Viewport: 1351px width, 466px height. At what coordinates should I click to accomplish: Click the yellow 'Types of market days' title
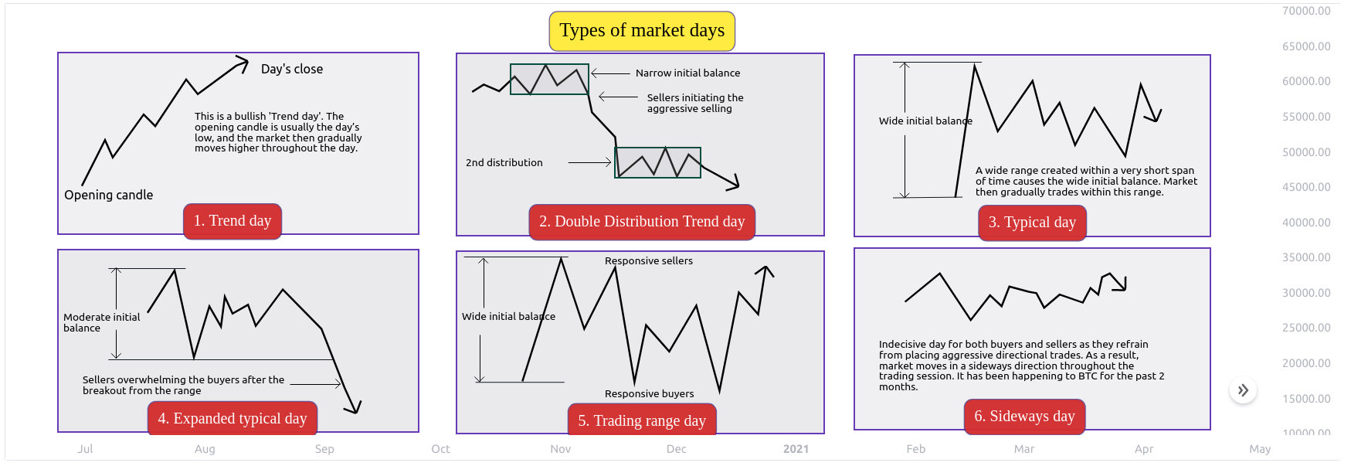[x=642, y=31]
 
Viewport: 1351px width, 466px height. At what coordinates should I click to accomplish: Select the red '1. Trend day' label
[x=233, y=221]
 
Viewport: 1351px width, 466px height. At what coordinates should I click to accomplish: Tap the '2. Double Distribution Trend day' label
[x=642, y=222]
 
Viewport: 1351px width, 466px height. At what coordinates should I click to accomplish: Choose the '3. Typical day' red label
[x=1032, y=223]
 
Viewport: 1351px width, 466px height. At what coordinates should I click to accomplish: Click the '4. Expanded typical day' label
[x=233, y=418]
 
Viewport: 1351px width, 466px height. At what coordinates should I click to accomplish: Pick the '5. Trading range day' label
[x=642, y=420]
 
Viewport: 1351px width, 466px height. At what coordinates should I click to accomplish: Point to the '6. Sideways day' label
[x=1024, y=417]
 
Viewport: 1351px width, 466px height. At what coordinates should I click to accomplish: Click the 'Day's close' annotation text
[x=292, y=69]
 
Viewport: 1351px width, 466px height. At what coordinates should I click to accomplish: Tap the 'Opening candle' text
[x=109, y=195]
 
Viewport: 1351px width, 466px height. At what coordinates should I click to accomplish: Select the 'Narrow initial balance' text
[x=687, y=73]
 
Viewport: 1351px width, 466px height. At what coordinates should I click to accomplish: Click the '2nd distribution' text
[x=504, y=162]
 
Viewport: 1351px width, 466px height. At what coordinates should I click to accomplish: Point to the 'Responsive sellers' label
[x=649, y=260]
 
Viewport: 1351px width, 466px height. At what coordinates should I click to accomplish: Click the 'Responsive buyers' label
[x=649, y=393]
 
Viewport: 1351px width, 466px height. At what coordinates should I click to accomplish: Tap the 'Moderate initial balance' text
[x=102, y=322]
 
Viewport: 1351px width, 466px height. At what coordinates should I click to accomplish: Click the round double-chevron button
[x=1243, y=390]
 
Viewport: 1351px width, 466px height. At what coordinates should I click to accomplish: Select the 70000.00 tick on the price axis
[x=1306, y=11]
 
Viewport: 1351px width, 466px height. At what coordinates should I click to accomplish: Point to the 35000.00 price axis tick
[x=1306, y=257]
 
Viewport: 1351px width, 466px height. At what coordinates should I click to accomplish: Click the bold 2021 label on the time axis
[x=796, y=449]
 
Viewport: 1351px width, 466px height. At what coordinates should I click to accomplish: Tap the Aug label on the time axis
[x=205, y=449]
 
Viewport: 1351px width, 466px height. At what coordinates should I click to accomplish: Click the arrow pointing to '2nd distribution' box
[x=589, y=162]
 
